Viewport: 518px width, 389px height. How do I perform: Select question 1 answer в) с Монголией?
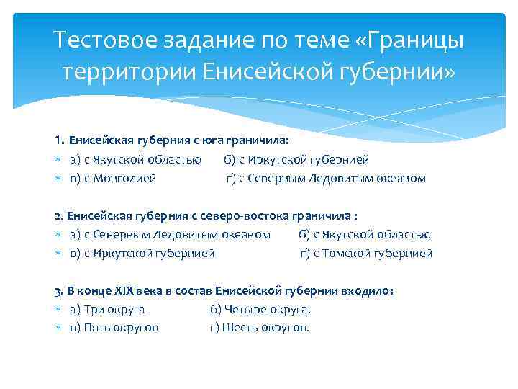click(113, 178)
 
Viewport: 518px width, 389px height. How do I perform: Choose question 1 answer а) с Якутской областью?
click(135, 159)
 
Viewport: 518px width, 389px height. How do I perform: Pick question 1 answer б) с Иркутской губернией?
click(296, 159)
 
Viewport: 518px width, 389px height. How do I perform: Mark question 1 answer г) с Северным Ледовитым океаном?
click(326, 178)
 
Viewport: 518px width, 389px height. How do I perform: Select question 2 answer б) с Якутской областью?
click(365, 234)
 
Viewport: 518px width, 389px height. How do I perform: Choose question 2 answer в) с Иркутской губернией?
click(142, 253)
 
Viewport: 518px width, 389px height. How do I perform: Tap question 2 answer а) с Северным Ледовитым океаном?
click(170, 234)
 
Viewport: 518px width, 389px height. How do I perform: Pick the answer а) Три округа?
click(107, 309)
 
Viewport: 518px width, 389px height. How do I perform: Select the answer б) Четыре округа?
click(260, 309)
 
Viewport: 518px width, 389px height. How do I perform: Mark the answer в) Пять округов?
click(114, 328)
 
